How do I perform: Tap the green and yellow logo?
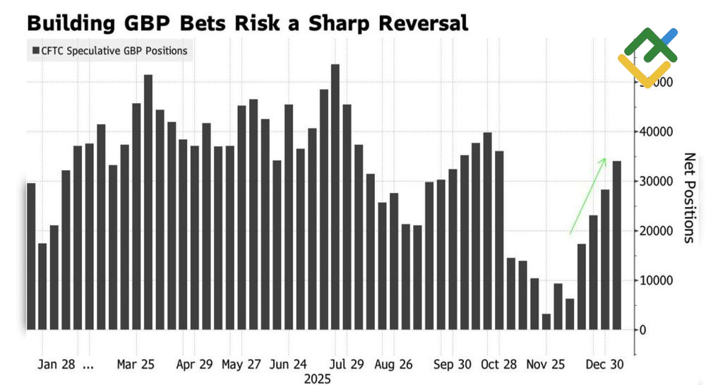click(x=647, y=57)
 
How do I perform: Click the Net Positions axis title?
click(x=690, y=198)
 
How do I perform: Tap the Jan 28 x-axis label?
click(x=57, y=365)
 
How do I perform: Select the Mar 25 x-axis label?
click(x=136, y=365)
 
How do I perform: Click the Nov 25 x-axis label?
click(x=546, y=365)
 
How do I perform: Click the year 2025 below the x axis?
click(x=318, y=379)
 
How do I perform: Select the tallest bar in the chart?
click(x=335, y=196)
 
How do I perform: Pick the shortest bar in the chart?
click(x=546, y=321)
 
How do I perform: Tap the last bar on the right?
click(x=616, y=245)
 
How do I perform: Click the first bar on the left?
click(x=30, y=256)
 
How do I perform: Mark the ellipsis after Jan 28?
click(x=88, y=367)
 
